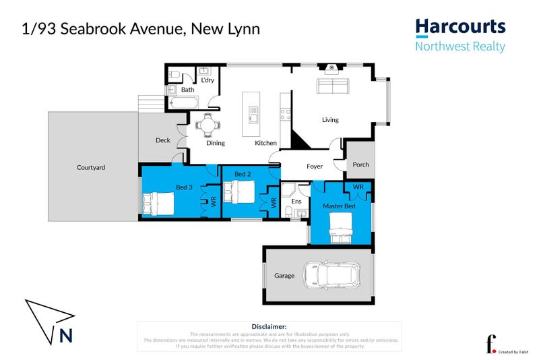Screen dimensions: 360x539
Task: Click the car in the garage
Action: tap(331, 274)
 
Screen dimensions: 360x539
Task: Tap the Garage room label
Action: tap(284, 275)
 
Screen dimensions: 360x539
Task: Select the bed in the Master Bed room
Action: tap(340, 228)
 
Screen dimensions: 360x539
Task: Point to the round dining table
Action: tap(207, 123)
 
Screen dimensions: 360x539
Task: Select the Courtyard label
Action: tap(91, 167)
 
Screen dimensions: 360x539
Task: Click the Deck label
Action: tap(162, 140)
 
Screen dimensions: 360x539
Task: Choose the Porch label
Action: tap(360, 164)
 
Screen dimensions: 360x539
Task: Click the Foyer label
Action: tap(315, 166)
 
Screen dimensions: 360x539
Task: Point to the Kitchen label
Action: tap(265, 143)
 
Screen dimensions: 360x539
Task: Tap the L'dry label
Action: tap(207, 81)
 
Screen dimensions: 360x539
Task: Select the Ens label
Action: tap(296, 201)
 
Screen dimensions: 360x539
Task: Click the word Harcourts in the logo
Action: tap(459, 26)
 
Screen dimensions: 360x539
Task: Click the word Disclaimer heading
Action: tap(269, 326)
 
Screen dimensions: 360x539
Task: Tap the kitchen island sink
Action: tap(254, 115)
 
